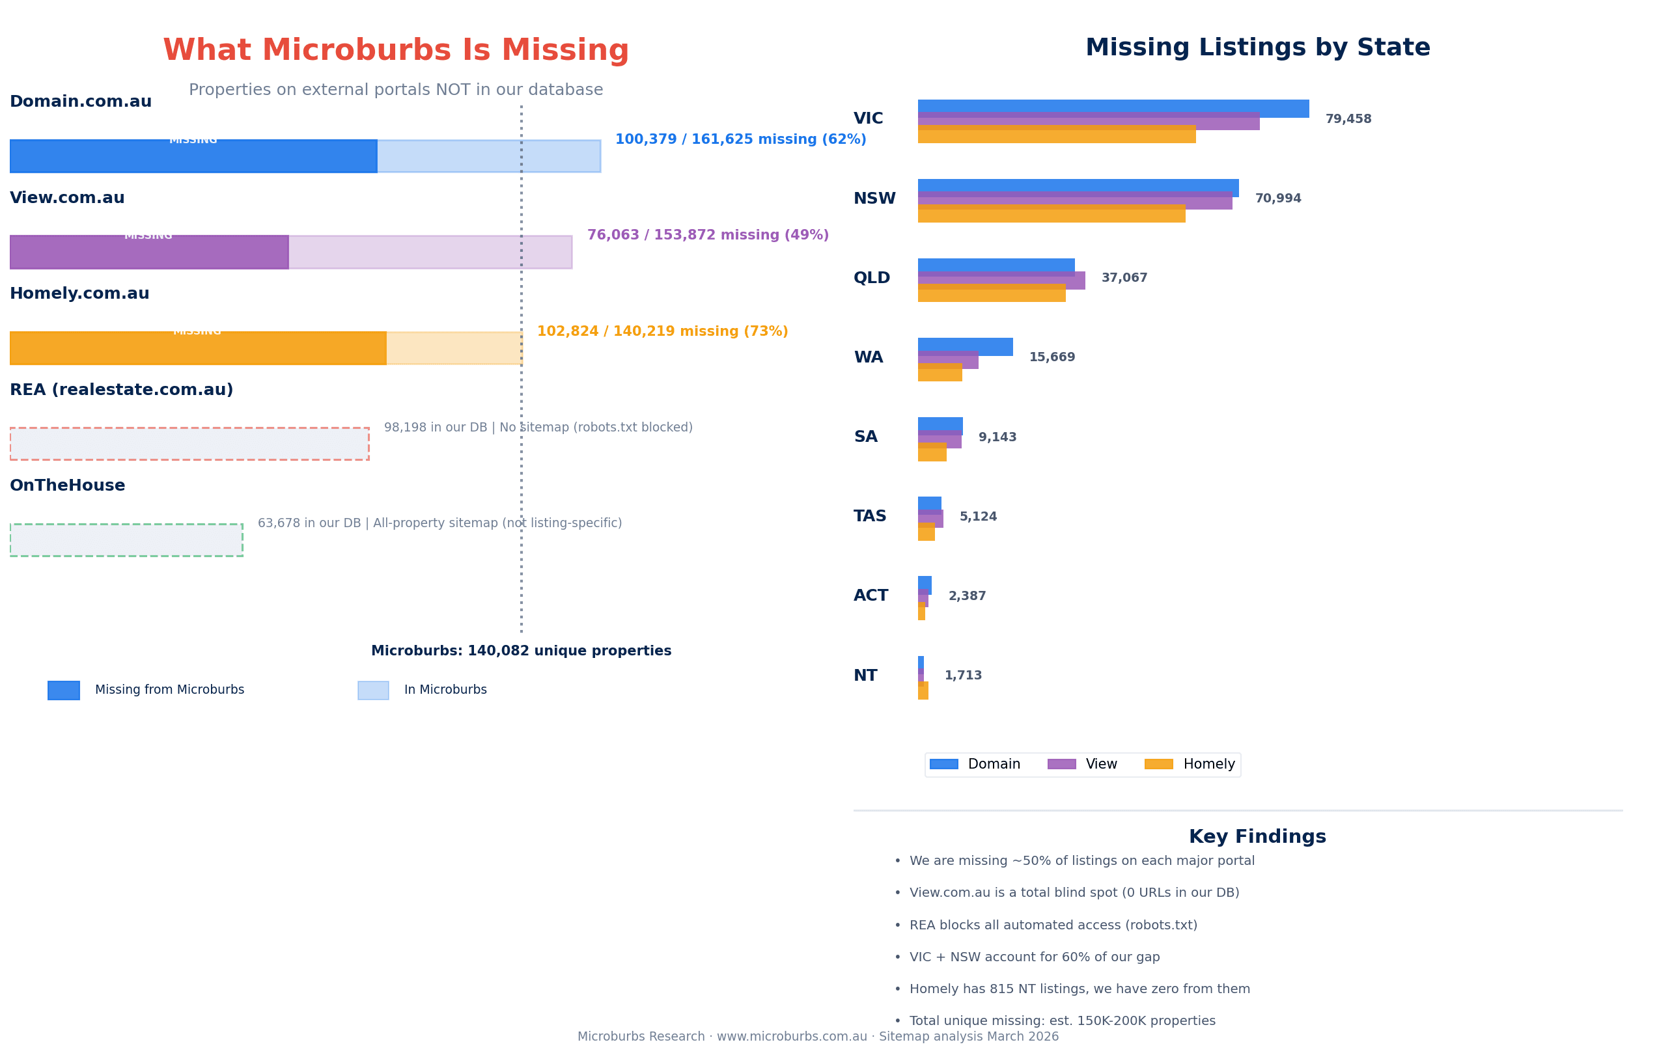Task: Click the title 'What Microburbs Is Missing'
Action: (x=396, y=51)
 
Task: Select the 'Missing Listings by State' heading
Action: (x=1257, y=48)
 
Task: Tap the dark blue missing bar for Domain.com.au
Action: (x=193, y=157)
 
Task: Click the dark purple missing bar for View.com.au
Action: (x=148, y=253)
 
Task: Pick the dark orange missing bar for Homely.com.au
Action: (x=198, y=348)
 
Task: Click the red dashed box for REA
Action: (x=189, y=444)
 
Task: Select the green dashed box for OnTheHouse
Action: (x=126, y=540)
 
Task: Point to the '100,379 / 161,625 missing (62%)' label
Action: (x=740, y=139)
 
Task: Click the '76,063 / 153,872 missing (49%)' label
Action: (x=708, y=236)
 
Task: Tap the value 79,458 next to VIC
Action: (x=1348, y=119)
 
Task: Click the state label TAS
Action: (x=869, y=517)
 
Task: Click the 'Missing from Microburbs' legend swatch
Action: (x=64, y=691)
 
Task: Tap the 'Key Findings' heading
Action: (x=1257, y=837)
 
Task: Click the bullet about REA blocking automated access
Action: (x=1053, y=925)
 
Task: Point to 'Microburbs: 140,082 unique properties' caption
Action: (x=521, y=651)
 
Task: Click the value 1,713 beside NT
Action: (x=962, y=676)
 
